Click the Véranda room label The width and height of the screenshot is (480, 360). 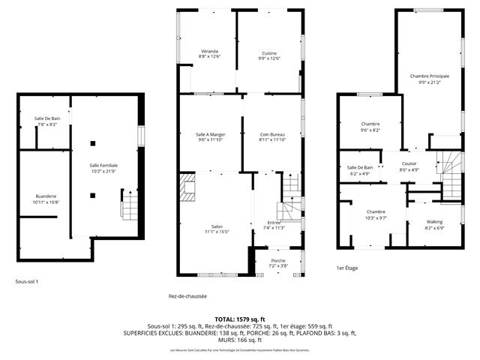click(209, 52)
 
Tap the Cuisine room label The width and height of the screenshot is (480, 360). click(269, 53)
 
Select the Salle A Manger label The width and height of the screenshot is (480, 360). click(209, 134)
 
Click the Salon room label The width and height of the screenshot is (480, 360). click(217, 227)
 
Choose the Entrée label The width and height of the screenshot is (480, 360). click(274, 223)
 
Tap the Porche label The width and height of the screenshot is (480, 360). click(277, 261)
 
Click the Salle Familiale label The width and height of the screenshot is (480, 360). click(103, 165)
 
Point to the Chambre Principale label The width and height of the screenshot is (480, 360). click(428, 76)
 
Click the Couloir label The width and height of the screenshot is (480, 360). click(409, 163)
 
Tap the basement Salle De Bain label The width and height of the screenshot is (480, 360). click(46, 118)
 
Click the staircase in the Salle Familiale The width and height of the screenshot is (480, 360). click(128, 204)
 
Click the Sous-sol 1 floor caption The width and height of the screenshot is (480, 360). click(26, 282)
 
